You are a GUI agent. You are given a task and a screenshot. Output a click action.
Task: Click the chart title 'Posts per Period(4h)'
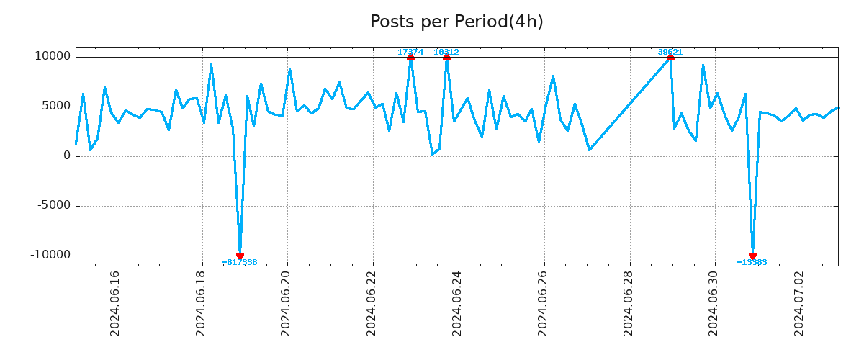pos(456,22)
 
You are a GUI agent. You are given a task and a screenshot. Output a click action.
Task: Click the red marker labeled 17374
pos(410,57)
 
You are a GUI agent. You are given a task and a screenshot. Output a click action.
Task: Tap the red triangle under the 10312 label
pos(446,57)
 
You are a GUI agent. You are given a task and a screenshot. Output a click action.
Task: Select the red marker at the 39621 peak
pos(670,57)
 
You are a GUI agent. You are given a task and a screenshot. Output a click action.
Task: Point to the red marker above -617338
pos(240,256)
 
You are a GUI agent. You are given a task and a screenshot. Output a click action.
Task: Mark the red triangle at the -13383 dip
pos(752,256)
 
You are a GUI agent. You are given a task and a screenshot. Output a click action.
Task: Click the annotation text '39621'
pos(670,52)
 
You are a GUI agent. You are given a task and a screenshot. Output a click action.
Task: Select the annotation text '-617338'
pos(240,263)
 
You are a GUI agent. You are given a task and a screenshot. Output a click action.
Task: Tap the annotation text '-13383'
pos(752,263)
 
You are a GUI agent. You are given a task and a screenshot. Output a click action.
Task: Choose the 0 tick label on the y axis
pos(67,156)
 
